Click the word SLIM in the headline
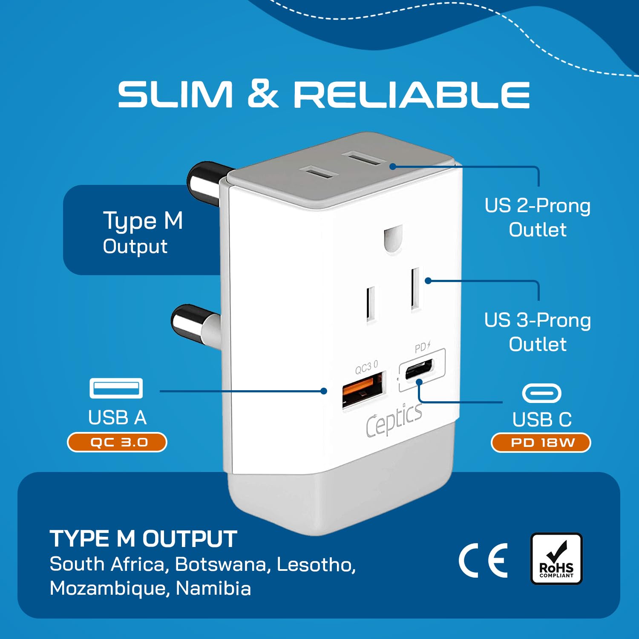175,94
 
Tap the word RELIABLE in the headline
412,94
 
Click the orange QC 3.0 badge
117,442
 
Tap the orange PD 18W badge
541,443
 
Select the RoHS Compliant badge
556,558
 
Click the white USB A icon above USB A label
116,388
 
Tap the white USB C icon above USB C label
541,393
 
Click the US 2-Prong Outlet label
538,217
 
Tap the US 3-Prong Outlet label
538,332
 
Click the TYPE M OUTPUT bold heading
143,539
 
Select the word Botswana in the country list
221,564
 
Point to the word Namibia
213,588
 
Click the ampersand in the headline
263,94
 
